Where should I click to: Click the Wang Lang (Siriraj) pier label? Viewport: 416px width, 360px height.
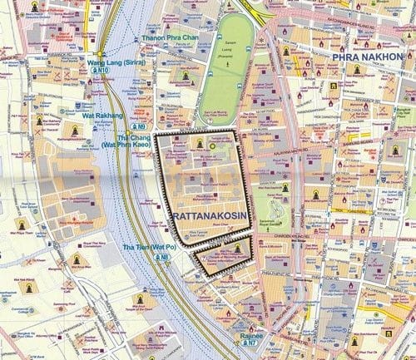(x=114, y=62)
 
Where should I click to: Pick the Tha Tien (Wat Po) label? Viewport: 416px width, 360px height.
(x=150, y=248)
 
